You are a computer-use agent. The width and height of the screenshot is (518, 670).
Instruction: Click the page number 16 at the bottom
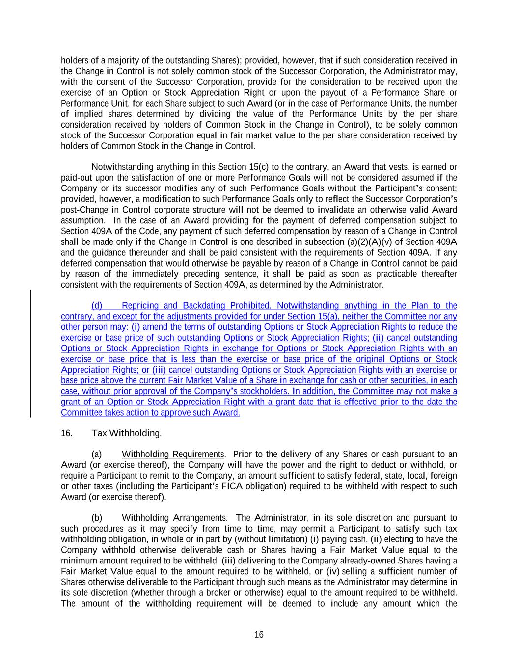click(259, 635)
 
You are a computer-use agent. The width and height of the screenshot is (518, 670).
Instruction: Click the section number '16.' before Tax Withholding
click(66, 433)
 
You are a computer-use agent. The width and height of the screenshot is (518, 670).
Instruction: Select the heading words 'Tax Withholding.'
click(126, 433)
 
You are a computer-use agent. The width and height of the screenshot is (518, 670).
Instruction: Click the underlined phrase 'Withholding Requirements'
click(173, 454)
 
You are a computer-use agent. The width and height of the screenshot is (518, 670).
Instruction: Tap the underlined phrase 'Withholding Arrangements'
click(174, 518)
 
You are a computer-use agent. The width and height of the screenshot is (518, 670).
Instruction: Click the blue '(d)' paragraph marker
click(97, 306)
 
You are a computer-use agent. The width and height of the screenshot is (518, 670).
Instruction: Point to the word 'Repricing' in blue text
click(140, 306)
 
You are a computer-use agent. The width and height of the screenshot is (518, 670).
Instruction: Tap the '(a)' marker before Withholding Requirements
click(97, 454)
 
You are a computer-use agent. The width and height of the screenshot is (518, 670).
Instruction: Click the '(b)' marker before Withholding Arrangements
click(97, 518)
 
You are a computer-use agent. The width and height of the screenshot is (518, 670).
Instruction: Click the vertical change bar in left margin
click(31, 353)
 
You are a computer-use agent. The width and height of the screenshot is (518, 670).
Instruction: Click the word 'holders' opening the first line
click(73, 61)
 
